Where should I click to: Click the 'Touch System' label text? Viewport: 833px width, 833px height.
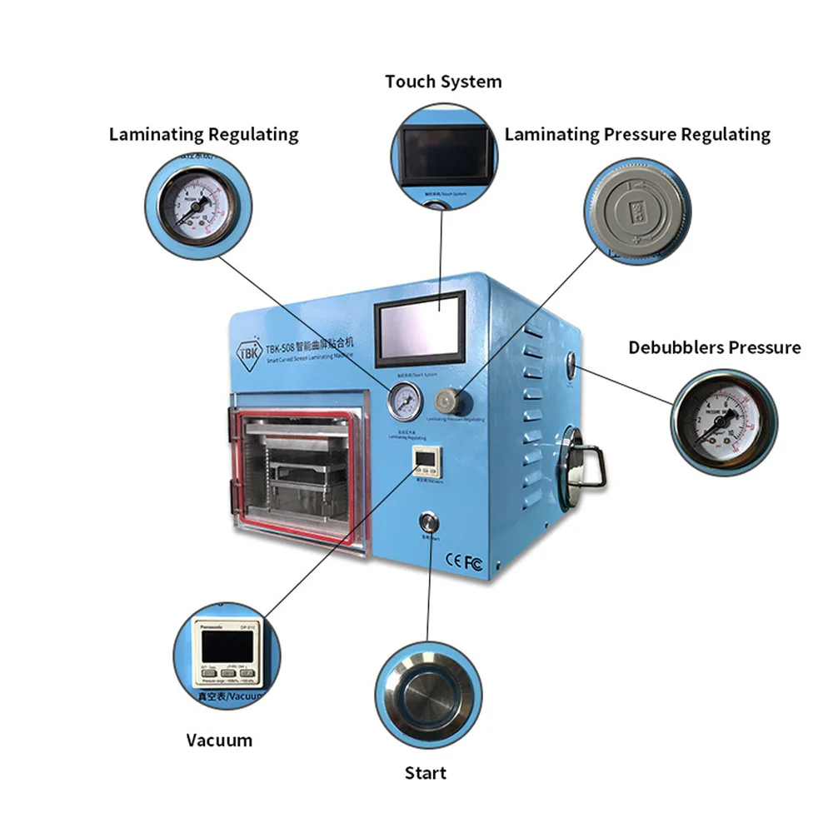coord(443,82)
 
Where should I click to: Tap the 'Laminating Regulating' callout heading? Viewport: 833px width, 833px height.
coord(203,134)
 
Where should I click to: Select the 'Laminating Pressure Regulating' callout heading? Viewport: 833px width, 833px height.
coord(637,134)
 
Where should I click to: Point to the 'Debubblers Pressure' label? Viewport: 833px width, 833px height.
coord(715,347)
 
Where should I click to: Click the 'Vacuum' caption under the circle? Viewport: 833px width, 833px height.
coord(219,740)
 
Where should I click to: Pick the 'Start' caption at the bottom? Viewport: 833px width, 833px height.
coord(426,773)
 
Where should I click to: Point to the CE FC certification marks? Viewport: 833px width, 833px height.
coord(465,562)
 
